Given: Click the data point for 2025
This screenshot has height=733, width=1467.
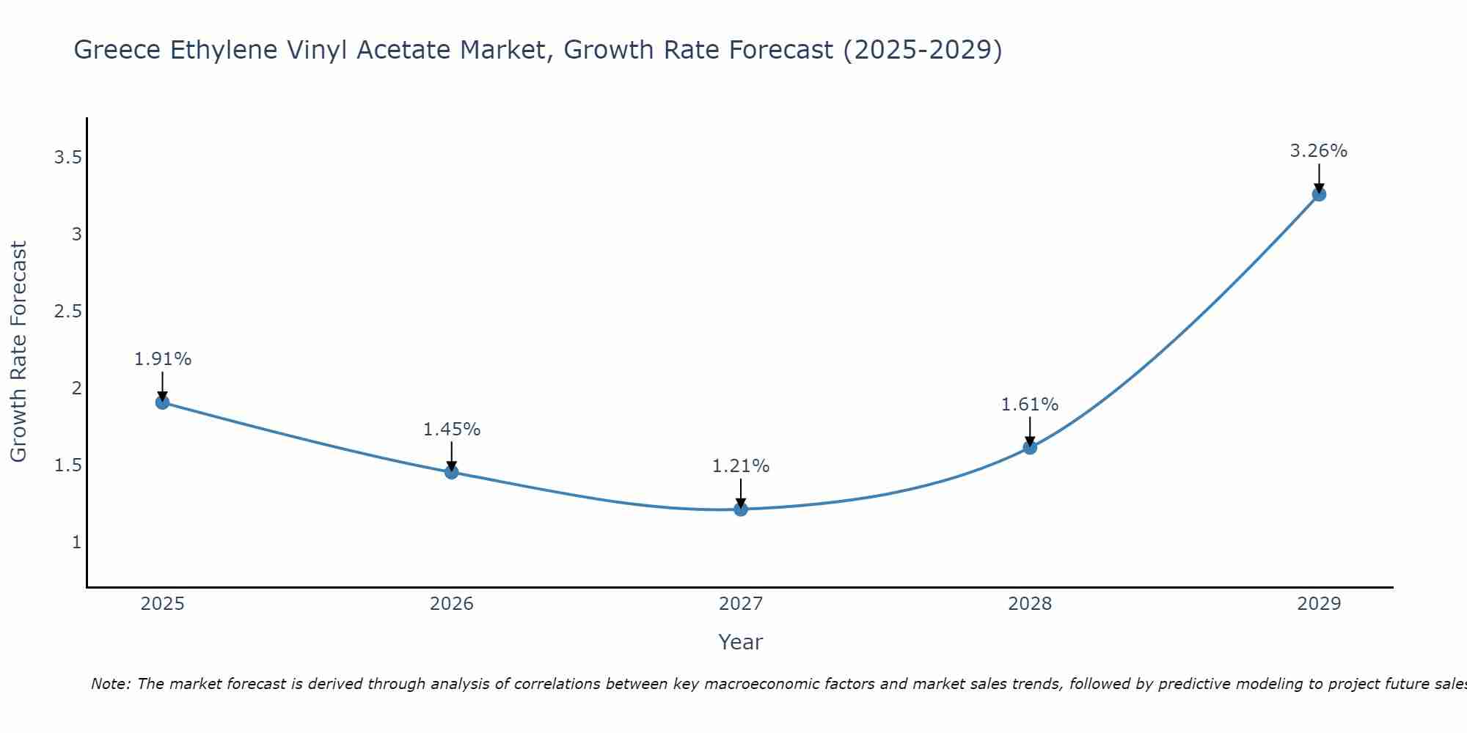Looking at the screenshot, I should pyautogui.click(x=162, y=402).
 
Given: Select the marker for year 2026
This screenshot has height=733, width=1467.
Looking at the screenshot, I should pyautogui.click(x=451, y=472).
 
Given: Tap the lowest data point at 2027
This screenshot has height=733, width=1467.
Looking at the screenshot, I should pyautogui.click(x=741, y=509).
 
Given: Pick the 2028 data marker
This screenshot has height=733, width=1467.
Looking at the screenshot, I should pyautogui.click(x=1030, y=447).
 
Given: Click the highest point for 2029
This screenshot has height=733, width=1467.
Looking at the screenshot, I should pyautogui.click(x=1319, y=194).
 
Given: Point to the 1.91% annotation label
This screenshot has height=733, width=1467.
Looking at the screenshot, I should pyautogui.click(x=162, y=359).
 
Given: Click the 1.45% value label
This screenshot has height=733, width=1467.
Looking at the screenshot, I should pyautogui.click(x=451, y=430).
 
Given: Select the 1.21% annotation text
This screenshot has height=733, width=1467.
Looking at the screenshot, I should pyautogui.click(x=741, y=466).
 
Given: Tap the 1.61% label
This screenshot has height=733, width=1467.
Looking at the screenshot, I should pyautogui.click(x=1030, y=405).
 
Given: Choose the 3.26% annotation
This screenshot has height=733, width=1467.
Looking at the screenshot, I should pyautogui.click(x=1319, y=151).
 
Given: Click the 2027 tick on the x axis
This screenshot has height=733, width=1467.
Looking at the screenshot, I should pyautogui.click(x=741, y=604).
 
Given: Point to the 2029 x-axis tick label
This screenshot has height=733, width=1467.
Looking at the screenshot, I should pyautogui.click(x=1319, y=604).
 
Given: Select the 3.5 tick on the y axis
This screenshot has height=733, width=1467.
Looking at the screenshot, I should pyautogui.click(x=67, y=158).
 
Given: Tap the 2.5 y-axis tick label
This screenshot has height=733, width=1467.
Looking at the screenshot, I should pyautogui.click(x=67, y=312).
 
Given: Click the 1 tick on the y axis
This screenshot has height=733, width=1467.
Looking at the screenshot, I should pyautogui.click(x=76, y=542).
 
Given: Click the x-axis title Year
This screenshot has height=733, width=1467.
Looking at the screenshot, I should pyautogui.click(x=741, y=642).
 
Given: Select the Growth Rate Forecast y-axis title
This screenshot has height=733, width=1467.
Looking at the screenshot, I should pyautogui.click(x=18, y=352).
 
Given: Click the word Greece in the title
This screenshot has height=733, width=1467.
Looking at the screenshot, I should pyautogui.click(x=118, y=50).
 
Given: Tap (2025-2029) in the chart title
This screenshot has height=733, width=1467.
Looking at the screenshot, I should pyautogui.click(x=922, y=50).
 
